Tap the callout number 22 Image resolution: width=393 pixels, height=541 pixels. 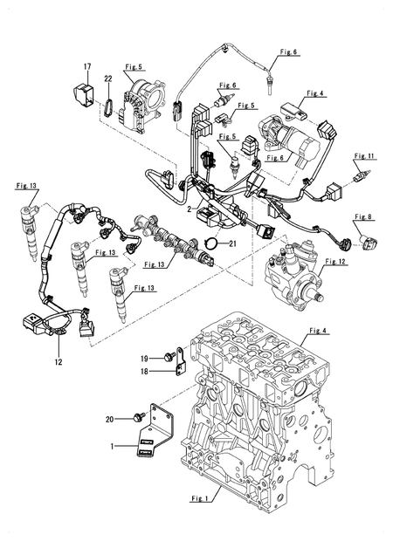[x=108, y=79]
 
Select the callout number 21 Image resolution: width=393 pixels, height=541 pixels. [x=231, y=244]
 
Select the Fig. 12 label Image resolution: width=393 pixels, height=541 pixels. [x=335, y=261]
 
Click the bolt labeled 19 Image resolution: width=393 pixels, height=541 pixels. [x=167, y=357]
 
